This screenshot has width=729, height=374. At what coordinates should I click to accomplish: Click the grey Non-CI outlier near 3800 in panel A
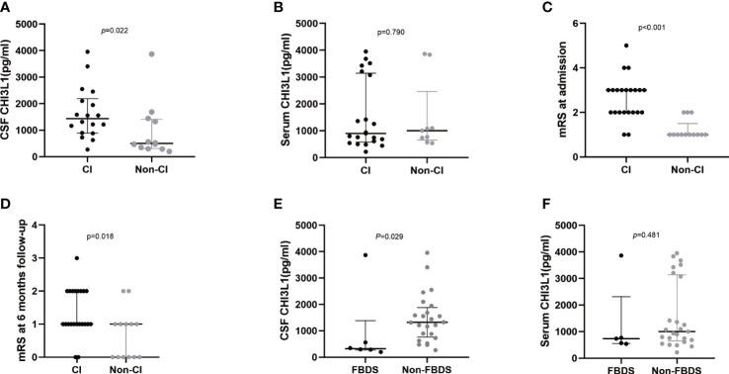pos(151,53)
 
